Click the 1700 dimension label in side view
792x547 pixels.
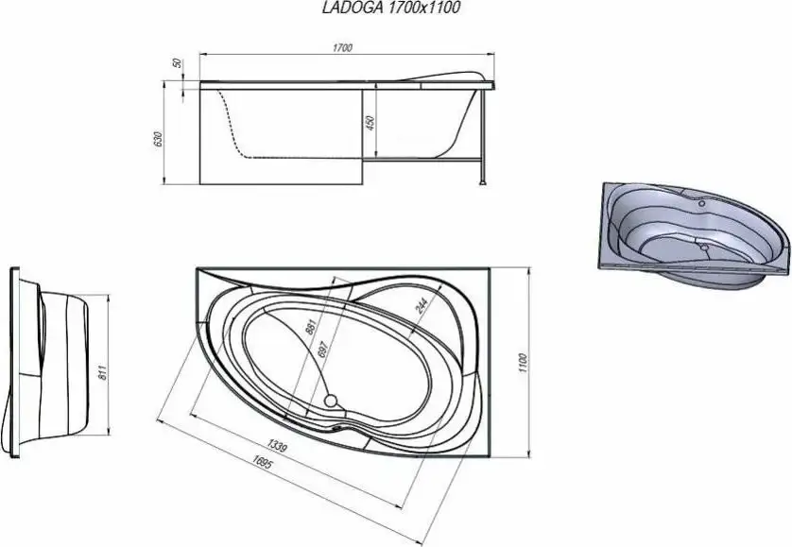343,48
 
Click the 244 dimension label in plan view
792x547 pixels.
419,303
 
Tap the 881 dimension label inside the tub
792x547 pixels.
309,328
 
